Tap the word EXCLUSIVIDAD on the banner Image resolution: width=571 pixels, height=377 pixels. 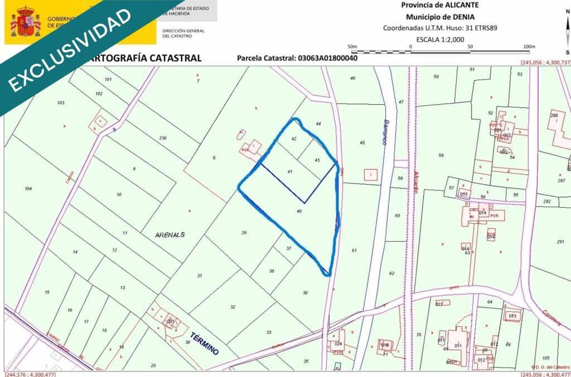(70, 49)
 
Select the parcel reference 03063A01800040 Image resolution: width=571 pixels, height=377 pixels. (327, 58)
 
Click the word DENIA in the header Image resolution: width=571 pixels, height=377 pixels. (461, 17)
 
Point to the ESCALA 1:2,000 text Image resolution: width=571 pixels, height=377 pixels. (440, 39)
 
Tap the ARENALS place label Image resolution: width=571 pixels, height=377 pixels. (170, 235)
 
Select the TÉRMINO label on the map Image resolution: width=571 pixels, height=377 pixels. (204, 343)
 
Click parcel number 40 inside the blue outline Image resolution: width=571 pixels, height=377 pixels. (299, 212)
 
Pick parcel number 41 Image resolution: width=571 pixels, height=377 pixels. (289, 172)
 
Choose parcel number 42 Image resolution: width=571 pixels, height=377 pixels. (294, 138)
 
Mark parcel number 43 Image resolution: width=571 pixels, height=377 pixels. (317, 160)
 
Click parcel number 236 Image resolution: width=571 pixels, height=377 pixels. (163, 138)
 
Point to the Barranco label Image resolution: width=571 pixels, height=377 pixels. (385, 131)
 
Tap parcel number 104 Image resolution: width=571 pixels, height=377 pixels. (28, 189)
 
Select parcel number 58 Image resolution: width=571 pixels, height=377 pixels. (441, 155)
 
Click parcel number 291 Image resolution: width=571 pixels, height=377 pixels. (560, 242)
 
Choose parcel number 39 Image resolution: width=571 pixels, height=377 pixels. (244, 232)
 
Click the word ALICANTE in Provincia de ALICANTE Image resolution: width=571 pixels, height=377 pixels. (456, 5)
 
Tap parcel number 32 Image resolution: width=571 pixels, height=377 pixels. (233, 307)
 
